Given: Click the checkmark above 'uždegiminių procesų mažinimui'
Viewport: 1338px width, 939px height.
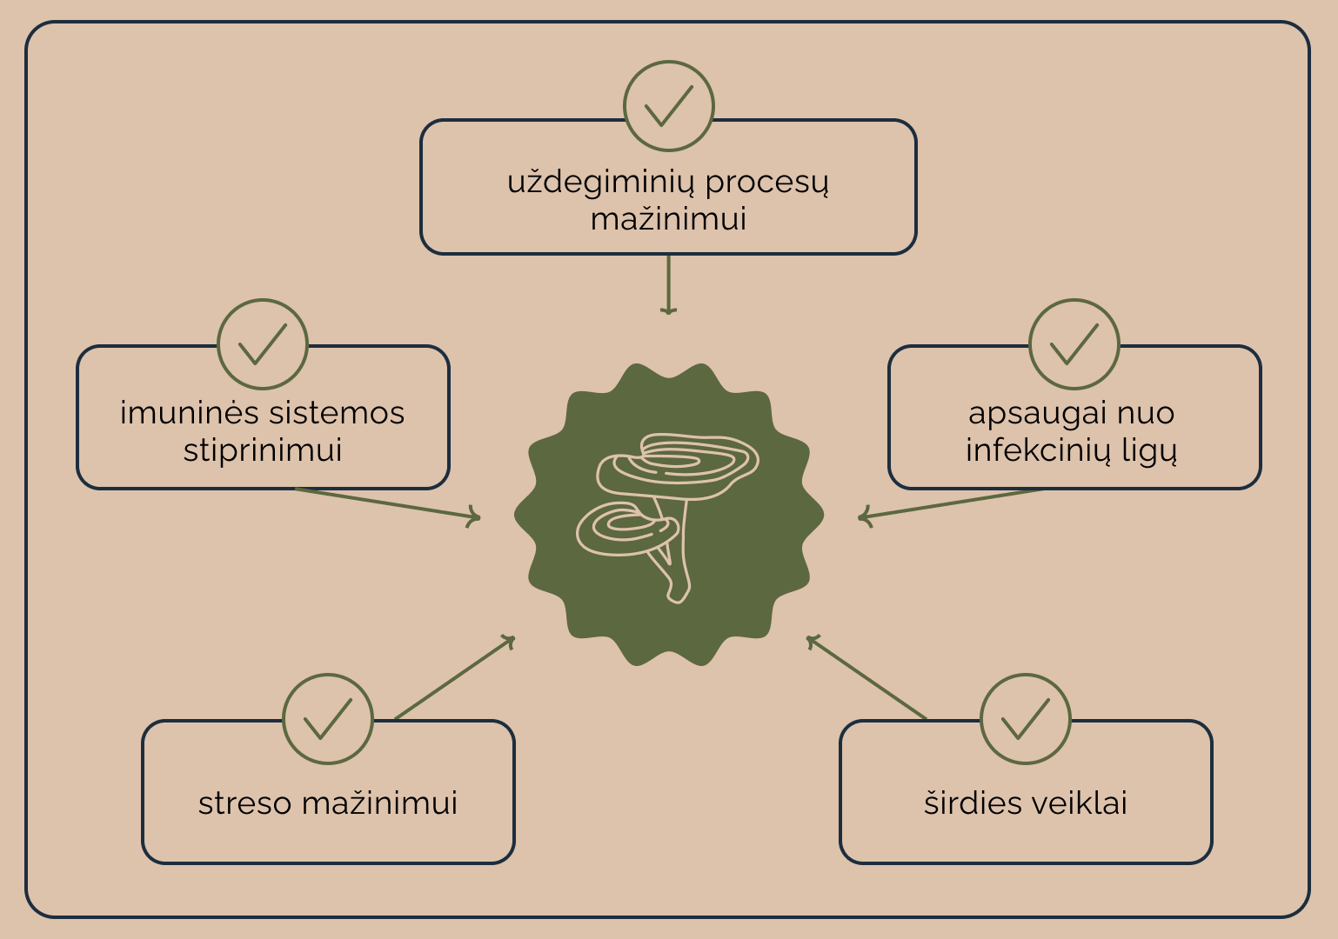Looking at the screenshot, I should [669, 106].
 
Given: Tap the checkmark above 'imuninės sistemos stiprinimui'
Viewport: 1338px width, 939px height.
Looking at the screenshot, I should [263, 344].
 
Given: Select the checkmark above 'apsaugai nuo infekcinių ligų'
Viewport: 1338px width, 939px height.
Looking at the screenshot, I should [1074, 344].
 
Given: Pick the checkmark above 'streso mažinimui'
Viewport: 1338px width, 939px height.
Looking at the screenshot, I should [328, 719].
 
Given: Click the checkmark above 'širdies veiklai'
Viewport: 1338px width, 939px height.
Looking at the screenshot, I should [1026, 719].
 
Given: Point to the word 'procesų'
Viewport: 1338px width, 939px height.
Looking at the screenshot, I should [767, 183].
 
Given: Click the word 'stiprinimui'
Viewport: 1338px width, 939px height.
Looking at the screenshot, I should [263, 450].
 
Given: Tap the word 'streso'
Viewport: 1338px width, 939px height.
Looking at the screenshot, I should [245, 803].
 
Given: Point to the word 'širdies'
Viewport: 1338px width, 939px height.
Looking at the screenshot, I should [961, 803].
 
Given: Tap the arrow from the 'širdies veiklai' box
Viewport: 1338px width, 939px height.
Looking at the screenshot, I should [866, 678].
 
